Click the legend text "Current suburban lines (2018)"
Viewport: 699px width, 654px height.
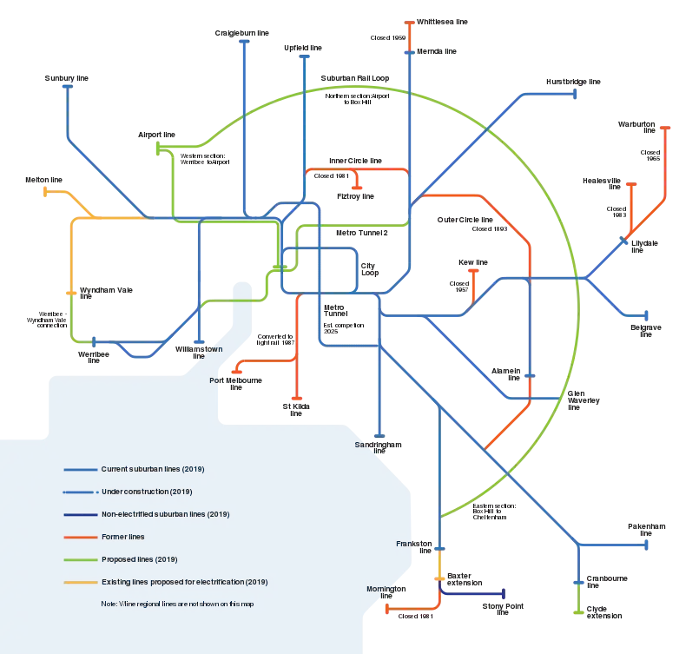coord(153,469)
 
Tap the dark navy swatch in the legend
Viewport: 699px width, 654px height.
coord(79,514)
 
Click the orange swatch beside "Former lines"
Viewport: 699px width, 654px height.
coord(79,537)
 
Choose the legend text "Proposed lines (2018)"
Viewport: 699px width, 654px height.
coord(139,558)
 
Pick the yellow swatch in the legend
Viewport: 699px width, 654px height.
coord(79,581)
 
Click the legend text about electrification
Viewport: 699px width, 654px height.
coord(185,581)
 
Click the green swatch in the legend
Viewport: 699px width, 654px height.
coord(79,558)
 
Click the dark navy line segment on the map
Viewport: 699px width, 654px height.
coord(473,594)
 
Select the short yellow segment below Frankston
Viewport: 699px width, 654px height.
coord(440,567)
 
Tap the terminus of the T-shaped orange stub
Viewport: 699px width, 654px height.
coord(357,186)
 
